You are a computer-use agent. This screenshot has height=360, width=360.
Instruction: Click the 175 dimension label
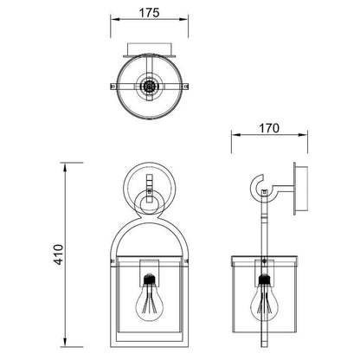tap(149, 13)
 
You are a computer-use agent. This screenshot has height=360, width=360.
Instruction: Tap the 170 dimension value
tap(269, 128)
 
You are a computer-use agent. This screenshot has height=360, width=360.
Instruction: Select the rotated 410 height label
tap(59, 254)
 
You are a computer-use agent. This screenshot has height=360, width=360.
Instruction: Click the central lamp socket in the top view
tap(149, 86)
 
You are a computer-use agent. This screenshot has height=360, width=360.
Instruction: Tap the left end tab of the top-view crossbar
tap(113, 86)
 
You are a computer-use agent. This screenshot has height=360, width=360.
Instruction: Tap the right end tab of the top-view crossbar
tap(185, 86)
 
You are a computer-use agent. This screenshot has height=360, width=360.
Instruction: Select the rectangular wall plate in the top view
tap(150, 50)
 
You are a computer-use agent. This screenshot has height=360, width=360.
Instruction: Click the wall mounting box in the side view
tap(300, 189)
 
